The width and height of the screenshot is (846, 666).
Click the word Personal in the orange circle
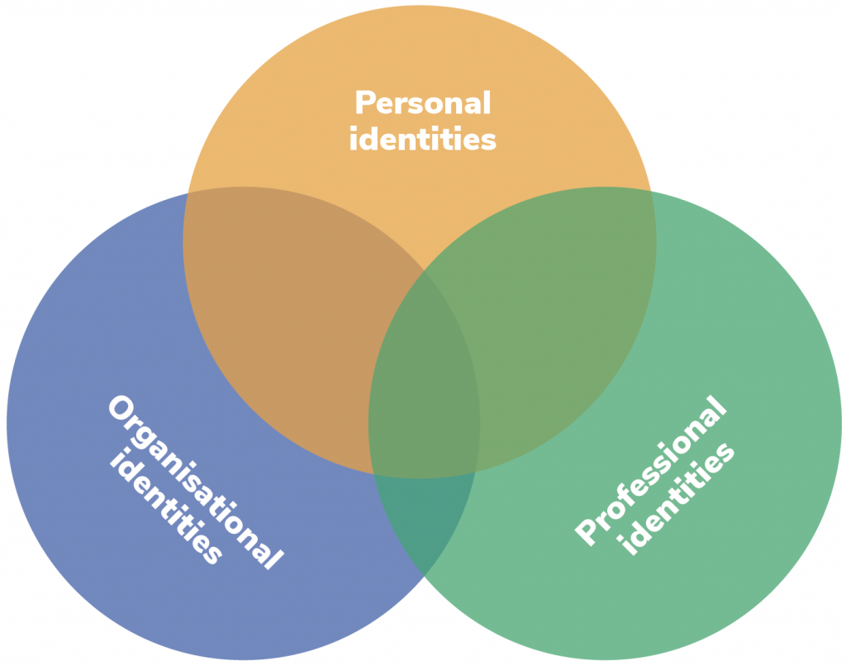coord(422,104)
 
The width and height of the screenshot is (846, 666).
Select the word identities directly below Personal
coord(422,139)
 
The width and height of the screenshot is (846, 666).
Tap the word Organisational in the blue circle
coord(195,483)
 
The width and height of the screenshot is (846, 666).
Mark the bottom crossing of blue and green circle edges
coord(423,574)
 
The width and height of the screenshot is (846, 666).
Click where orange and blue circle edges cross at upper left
coord(188,193)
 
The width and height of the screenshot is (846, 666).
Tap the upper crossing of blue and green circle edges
coord(424,271)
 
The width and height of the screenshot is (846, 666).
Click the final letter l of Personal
coord(487,103)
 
